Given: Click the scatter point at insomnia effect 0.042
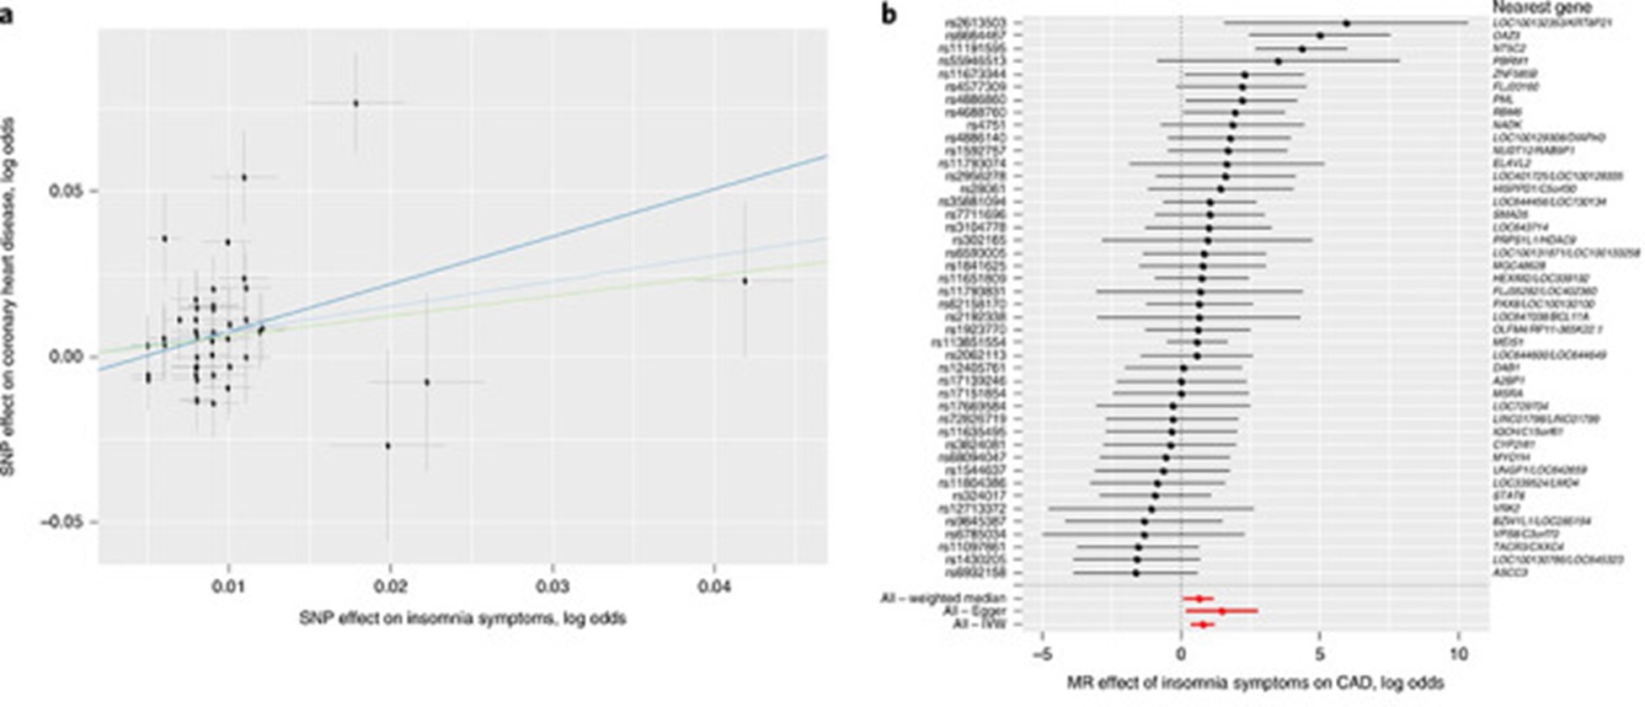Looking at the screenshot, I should (x=745, y=281).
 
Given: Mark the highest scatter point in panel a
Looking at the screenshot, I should (x=355, y=103).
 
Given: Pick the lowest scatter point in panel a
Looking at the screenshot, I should (x=387, y=445).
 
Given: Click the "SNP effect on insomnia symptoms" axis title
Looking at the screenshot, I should (x=462, y=619).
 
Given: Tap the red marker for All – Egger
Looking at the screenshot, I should (x=1221, y=611).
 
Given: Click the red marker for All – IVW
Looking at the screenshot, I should (x=1203, y=624).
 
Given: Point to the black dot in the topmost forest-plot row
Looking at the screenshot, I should (x=1346, y=24).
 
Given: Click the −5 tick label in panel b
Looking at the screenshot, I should (x=1042, y=655).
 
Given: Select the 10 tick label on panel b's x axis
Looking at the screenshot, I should (x=1459, y=655).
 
